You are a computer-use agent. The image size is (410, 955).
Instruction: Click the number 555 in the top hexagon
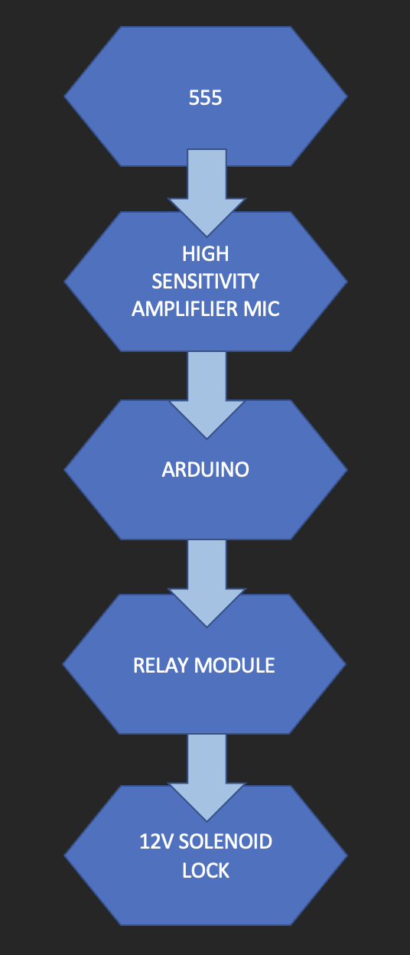click(x=206, y=98)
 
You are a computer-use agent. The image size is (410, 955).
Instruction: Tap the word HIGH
click(x=206, y=254)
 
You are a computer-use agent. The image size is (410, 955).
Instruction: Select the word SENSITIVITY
click(x=206, y=282)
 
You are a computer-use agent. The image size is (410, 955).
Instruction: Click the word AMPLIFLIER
click(x=184, y=309)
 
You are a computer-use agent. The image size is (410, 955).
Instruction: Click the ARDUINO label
click(x=206, y=469)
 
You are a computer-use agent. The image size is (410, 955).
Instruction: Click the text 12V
click(x=156, y=842)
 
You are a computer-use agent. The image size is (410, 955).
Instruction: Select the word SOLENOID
click(x=225, y=842)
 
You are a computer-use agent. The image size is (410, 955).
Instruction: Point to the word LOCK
click(x=206, y=871)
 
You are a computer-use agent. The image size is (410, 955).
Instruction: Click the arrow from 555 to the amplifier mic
click(x=207, y=193)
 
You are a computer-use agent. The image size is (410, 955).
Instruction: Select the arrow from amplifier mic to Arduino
click(x=207, y=395)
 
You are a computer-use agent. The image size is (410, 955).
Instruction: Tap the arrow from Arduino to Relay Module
click(x=207, y=583)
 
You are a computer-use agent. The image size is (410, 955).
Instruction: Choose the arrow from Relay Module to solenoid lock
click(x=207, y=777)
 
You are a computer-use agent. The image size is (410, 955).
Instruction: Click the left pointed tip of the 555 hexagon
click(x=64, y=96)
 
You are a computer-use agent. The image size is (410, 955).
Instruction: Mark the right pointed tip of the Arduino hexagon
click(x=347, y=470)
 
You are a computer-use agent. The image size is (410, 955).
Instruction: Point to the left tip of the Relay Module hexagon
click(x=63, y=663)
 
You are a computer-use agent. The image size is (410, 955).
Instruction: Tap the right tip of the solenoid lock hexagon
click(x=347, y=856)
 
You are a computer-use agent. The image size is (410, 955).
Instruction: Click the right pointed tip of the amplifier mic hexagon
click(x=347, y=282)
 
